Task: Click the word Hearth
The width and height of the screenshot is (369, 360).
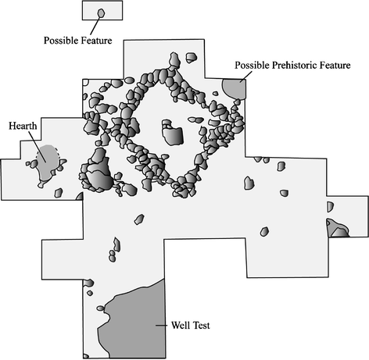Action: pos(23,126)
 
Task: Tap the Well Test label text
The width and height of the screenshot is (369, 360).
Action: pos(191,326)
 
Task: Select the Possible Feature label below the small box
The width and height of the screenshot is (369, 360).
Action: pos(77,41)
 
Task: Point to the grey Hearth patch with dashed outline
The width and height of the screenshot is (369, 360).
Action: pos(48,162)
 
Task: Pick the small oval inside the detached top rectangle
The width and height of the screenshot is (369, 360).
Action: pos(101,13)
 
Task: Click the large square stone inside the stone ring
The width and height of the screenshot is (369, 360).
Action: pos(173,136)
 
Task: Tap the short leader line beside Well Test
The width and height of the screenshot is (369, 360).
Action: pos(162,326)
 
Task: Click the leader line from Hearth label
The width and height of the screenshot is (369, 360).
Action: pos(38,147)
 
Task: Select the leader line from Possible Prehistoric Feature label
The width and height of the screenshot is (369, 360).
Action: pos(246,77)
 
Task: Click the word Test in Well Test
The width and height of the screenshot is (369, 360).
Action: pos(201,326)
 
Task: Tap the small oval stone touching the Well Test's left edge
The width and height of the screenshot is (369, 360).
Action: pos(101,308)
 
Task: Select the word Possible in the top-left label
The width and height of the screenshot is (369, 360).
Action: pos(61,41)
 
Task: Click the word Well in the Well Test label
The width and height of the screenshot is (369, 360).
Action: pos(180,326)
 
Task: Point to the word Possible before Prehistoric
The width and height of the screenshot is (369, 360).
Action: pos(253,65)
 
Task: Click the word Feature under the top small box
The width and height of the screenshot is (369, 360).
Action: pos(96,41)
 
